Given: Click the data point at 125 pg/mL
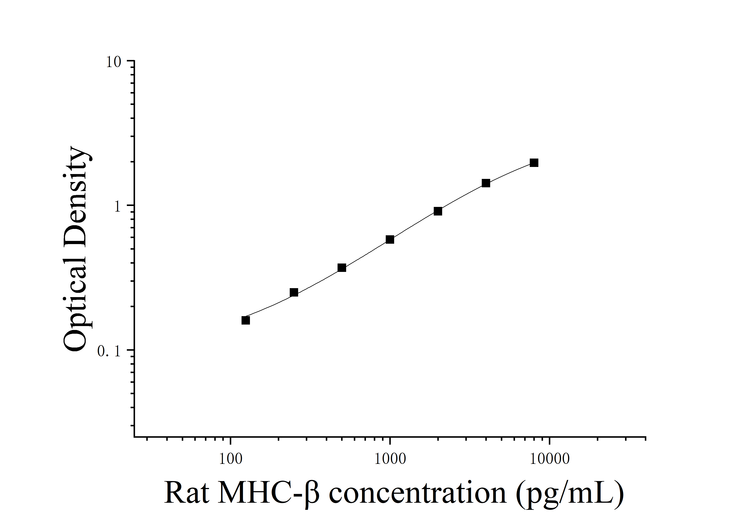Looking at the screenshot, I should tap(246, 320).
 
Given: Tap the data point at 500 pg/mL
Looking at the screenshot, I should tap(342, 268).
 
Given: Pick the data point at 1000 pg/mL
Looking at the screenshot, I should tap(390, 240).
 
